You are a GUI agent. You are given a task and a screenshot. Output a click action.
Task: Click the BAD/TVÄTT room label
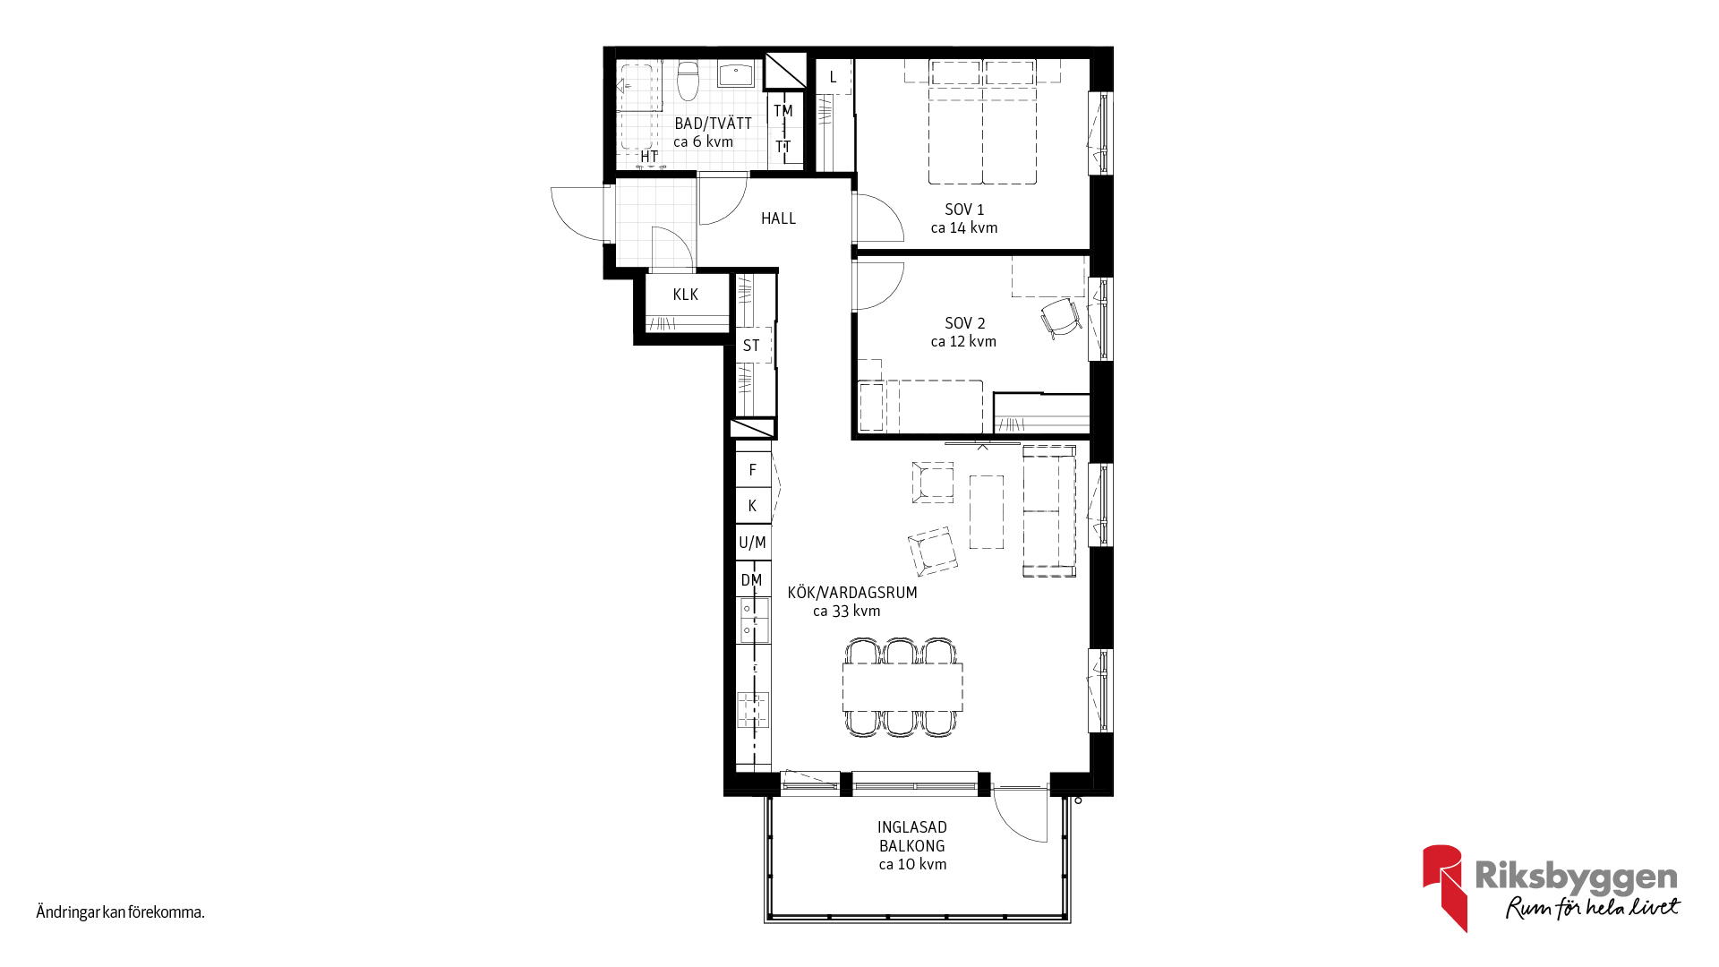click(713, 124)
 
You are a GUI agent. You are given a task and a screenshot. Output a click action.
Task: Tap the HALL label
click(778, 218)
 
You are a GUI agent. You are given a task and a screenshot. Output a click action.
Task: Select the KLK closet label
click(685, 295)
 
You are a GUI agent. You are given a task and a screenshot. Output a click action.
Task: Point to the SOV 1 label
click(964, 210)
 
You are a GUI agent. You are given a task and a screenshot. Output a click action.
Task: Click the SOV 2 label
click(964, 323)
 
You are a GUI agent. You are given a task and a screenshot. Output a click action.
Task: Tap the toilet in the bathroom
click(688, 80)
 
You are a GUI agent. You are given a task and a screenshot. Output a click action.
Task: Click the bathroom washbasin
click(736, 74)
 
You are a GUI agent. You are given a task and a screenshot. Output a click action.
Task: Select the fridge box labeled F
click(753, 469)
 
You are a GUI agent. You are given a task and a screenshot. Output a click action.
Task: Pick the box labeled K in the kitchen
click(753, 506)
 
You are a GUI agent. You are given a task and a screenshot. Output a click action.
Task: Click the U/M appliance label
click(752, 543)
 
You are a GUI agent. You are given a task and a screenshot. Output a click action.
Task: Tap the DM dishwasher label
click(751, 580)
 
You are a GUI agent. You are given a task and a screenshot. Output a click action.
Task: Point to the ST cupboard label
click(751, 346)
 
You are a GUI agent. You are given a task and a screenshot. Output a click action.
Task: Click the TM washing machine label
click(783, 111)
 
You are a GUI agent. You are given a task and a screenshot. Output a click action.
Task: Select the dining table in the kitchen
click(902, 687)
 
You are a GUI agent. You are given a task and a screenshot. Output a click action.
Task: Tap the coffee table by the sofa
click(987, 511)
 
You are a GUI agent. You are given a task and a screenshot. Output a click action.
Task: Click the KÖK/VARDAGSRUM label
click(852, 593)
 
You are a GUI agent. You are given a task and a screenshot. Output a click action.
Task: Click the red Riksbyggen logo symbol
click(1445, 887)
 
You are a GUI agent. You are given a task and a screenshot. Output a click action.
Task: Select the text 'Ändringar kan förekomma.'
click(120, 912)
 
